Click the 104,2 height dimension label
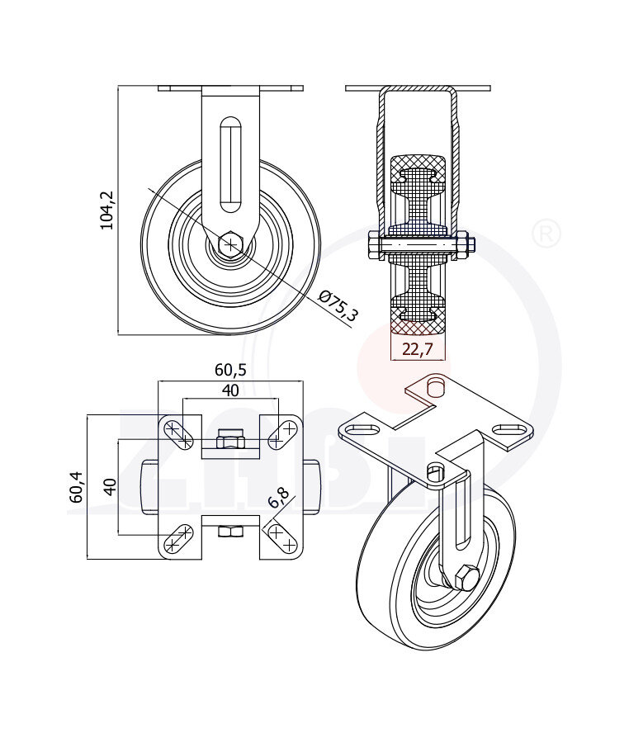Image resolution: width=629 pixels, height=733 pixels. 106,210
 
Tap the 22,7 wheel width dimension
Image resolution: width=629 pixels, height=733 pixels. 417,349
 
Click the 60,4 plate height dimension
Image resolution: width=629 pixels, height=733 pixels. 76,487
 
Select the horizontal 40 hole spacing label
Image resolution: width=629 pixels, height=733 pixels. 231,390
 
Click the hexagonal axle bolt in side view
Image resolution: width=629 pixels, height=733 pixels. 231,244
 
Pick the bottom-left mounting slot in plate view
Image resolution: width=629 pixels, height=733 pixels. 177,541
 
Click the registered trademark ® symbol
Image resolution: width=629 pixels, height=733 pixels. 545,234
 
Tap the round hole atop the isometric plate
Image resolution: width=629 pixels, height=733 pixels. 435,385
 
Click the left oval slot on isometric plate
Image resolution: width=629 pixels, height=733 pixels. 360,430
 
